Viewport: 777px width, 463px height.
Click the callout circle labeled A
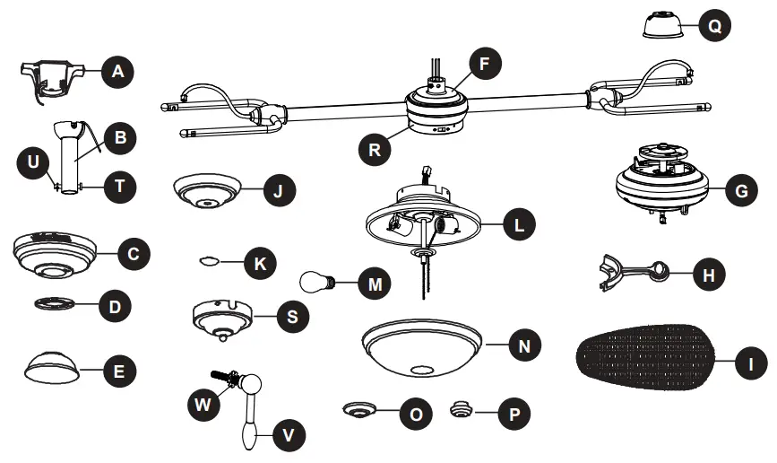tap(116, 71)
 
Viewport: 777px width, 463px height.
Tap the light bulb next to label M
tap(317, 284)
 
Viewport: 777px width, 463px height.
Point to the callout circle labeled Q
tap(713, 27)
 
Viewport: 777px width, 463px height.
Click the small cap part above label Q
tap(664, 26)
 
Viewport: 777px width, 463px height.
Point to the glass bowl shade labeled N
tap(422, 345)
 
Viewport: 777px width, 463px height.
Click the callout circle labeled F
tap(485, 64)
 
